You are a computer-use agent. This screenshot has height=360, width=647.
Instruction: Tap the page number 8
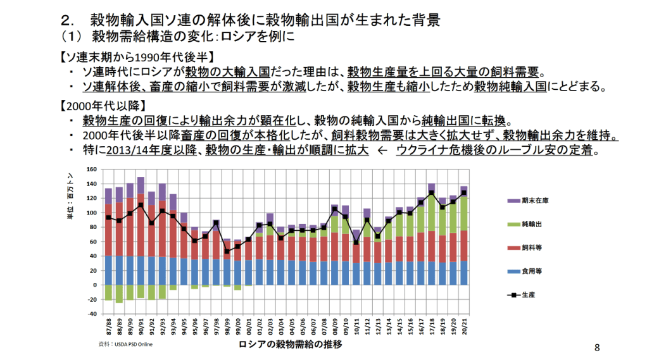pyautogui.click(x=596, y=347)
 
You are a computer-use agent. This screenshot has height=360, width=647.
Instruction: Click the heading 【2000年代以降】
pyautogui.click(x=103, y=104)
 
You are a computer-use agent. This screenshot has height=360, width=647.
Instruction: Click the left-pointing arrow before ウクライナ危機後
pyautogui.click(x=382, y=151)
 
